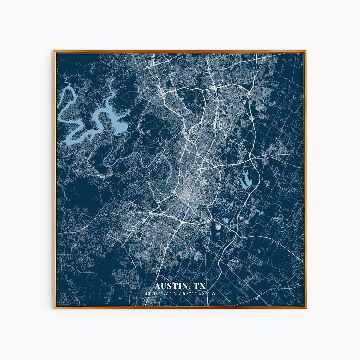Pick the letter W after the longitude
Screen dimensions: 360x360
pyautogui.click(x=214, y=293)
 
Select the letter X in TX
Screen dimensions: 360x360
pyautogui.click(x=202, y=286)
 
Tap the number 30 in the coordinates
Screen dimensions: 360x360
pyautogui.click(x=147, y=293)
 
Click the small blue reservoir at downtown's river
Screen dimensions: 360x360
pyautogui.click(x=195, y=206)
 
